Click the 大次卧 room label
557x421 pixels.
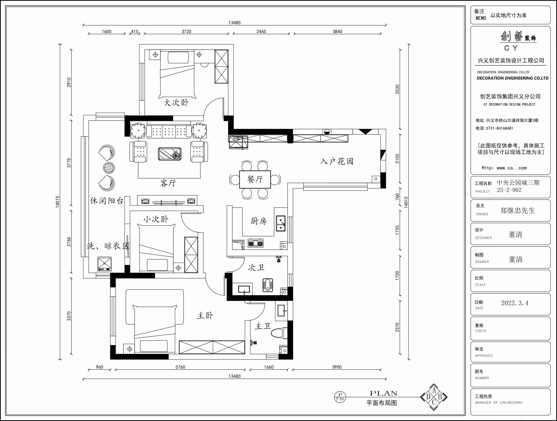click(176, 102)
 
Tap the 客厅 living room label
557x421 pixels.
click(168, 183)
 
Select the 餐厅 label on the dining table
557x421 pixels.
click(255, 179)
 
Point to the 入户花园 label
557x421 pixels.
click(337, 161)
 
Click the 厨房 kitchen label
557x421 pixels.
click(258, 221)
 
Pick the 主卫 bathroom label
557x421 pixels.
click(263, 326)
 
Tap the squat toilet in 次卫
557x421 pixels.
click(268, 285)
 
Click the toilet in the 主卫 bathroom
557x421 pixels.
click(279, 333)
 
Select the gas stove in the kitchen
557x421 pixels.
click(256, 243)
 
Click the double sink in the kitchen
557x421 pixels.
click(281, 223)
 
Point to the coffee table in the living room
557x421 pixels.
click(169, 154)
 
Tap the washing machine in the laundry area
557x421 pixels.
click(105, 264)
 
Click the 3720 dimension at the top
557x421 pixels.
click(186, 31)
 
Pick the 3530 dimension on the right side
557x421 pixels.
click(397, 89)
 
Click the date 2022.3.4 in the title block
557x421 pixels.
click(515, 303)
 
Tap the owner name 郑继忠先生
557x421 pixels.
click(517, 210)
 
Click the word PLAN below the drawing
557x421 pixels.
click(384, 393)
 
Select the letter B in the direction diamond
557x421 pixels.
click(440, 397)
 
